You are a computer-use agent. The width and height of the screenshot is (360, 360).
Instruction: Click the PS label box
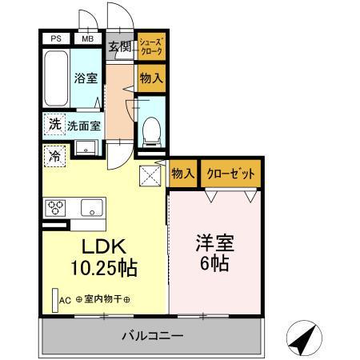56,38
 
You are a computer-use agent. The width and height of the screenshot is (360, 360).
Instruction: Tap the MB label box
86,38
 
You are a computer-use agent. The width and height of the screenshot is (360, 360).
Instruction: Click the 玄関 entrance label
119,46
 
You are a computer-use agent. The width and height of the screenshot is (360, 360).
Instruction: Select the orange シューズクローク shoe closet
150,46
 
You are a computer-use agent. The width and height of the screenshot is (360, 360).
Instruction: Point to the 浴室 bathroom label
86,80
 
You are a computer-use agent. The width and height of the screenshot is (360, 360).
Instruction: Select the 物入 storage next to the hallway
150,79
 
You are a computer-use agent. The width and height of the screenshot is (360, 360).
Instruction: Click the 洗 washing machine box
54,124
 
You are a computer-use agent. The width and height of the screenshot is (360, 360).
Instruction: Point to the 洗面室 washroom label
83,126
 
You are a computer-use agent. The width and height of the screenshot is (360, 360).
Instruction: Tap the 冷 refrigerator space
54,156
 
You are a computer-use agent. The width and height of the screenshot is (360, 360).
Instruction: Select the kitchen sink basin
92,206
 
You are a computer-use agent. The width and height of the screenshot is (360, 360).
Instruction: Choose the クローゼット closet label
231,174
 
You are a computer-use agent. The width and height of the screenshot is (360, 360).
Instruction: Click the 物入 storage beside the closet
183,174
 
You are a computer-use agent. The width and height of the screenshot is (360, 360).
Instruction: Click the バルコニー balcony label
152,335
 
